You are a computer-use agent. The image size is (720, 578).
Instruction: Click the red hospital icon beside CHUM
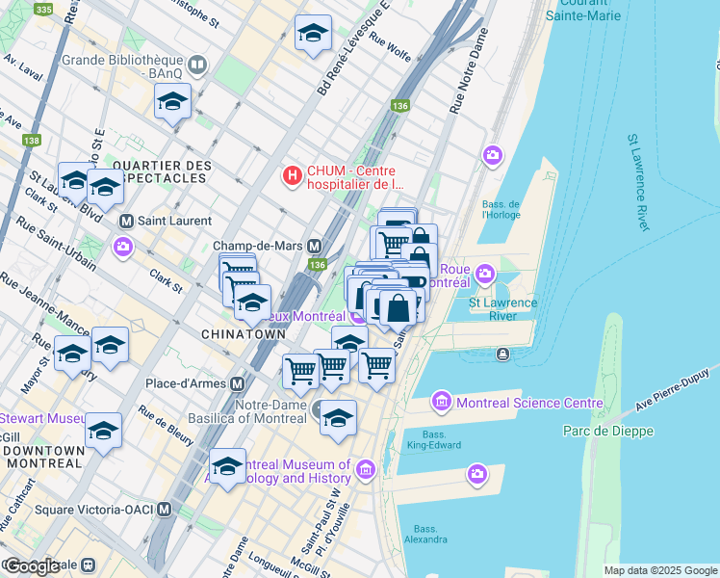pyautogui.click(x=293, y=175)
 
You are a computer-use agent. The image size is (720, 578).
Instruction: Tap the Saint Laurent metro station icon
pyautogui.click(x=125, y=221)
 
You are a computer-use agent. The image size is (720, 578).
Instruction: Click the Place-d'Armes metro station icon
pyautogui.click(x=237, y=383)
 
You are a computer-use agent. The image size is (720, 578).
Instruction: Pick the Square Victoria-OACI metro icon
pyautogui.click(x=165, y=509)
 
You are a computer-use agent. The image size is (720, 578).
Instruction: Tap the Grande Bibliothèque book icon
pyautogui.click(x=197, y=66)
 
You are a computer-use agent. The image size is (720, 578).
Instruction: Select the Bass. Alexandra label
pyautogui.click(x=425, y=534)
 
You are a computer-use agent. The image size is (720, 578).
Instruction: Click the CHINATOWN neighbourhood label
pyautogui.click(x=244, y=333)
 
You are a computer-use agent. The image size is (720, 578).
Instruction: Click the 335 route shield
pyautogui.click(x=43, y=9)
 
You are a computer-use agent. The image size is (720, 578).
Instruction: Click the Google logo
pyautogui.click(x=31, y=565)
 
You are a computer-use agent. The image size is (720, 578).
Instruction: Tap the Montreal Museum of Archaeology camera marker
pyautogui.click(x=365, y=470)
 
